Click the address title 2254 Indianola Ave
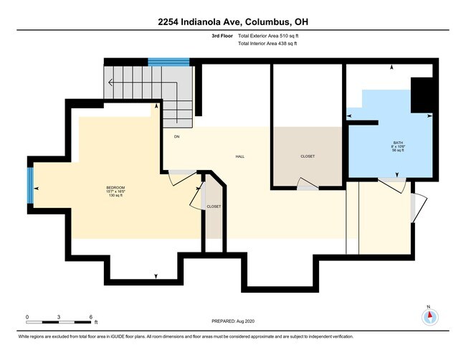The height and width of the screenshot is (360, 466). pyautogui.click(x=233, y=22)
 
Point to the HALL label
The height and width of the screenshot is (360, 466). pyautogui.click(x=241, y=156)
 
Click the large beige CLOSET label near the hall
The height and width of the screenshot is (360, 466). pyautogui.click(x=307, y=156)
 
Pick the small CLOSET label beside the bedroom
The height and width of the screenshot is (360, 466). pyautogui.click(x=214, y=207)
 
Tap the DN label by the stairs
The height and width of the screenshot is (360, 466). pyautogui.click(x=176, y=136)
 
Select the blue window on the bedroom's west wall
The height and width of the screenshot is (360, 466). pyautogui.click(x=31, y=186)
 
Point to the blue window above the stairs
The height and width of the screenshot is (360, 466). pyautogui.click(x=168, y=62)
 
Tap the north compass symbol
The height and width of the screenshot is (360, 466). pyautogui.click(x=429, y=316)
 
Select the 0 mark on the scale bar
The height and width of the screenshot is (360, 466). pyautogui.click(x=27, y=316)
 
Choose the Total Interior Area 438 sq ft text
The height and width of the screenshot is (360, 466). pyautogui.click(x=267, y=44)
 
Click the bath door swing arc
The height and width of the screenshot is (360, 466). pyautogui.click(x=391, y=186)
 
